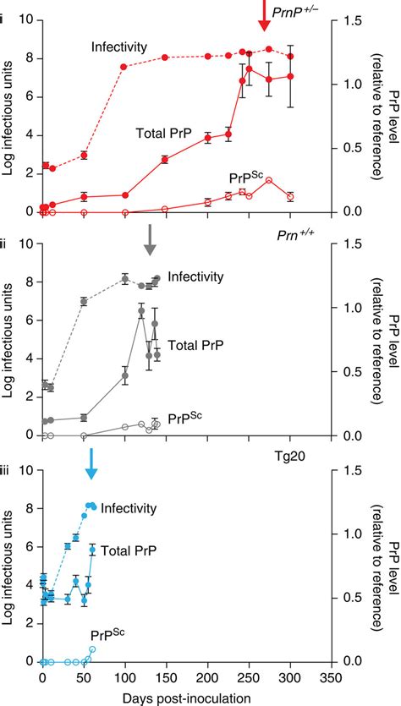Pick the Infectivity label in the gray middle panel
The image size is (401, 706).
point(195,276)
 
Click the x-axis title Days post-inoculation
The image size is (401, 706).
point(167,697)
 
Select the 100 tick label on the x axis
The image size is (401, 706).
point(124,677)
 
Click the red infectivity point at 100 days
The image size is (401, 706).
point(124,67)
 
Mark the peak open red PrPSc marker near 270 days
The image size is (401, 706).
point(269,180)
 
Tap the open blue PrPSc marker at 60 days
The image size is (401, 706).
point(92,649)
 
